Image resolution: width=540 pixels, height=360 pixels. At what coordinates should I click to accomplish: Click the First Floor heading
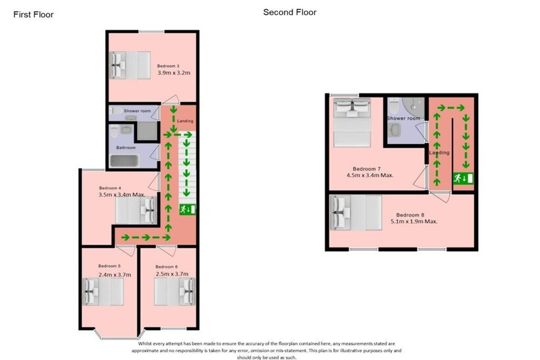point(34,14)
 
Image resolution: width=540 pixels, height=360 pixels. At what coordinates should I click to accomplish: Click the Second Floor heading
point(290,13)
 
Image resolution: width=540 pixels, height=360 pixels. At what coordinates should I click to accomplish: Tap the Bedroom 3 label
point(168,66)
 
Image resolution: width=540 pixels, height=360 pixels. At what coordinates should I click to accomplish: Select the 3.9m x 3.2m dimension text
point(174,72)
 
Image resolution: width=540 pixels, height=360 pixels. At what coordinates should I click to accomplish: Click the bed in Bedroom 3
point(130,65)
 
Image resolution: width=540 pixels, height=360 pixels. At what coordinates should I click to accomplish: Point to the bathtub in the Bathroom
point(124,161)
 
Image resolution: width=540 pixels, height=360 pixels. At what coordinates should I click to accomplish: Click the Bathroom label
point(126,147)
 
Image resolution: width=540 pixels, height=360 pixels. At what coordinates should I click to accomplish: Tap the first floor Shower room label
point(138,111)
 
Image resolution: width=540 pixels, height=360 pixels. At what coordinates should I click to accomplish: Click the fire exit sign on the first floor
point(187,209)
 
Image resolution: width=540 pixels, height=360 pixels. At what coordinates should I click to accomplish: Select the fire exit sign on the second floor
point(463,178)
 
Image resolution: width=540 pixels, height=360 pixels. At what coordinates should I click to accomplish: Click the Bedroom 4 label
point(110,188)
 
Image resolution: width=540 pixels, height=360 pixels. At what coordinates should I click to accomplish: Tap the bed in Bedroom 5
point(103,292)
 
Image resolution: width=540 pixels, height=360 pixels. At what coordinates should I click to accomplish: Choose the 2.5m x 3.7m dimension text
point(172,274)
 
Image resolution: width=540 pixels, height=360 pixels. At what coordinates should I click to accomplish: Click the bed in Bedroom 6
point(175,292)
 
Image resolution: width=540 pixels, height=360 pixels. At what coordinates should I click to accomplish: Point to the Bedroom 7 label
point(367,169)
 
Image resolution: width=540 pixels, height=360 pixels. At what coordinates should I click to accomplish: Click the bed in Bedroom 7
point(352,122)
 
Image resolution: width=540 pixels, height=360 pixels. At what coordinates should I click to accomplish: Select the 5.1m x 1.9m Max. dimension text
point(414,221)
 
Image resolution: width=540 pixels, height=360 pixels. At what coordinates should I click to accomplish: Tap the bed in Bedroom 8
point(356,213)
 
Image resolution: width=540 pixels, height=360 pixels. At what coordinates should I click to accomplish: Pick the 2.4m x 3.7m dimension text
point(115,274)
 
